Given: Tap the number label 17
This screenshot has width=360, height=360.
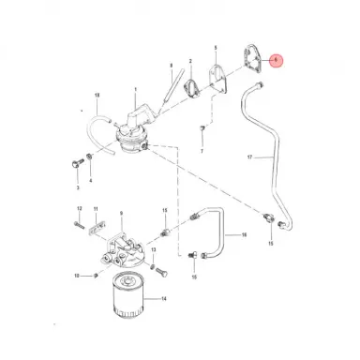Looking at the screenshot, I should (249, 158).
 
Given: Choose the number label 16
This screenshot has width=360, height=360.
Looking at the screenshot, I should (244, 236).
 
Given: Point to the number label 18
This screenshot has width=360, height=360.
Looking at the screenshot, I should (97, 96).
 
